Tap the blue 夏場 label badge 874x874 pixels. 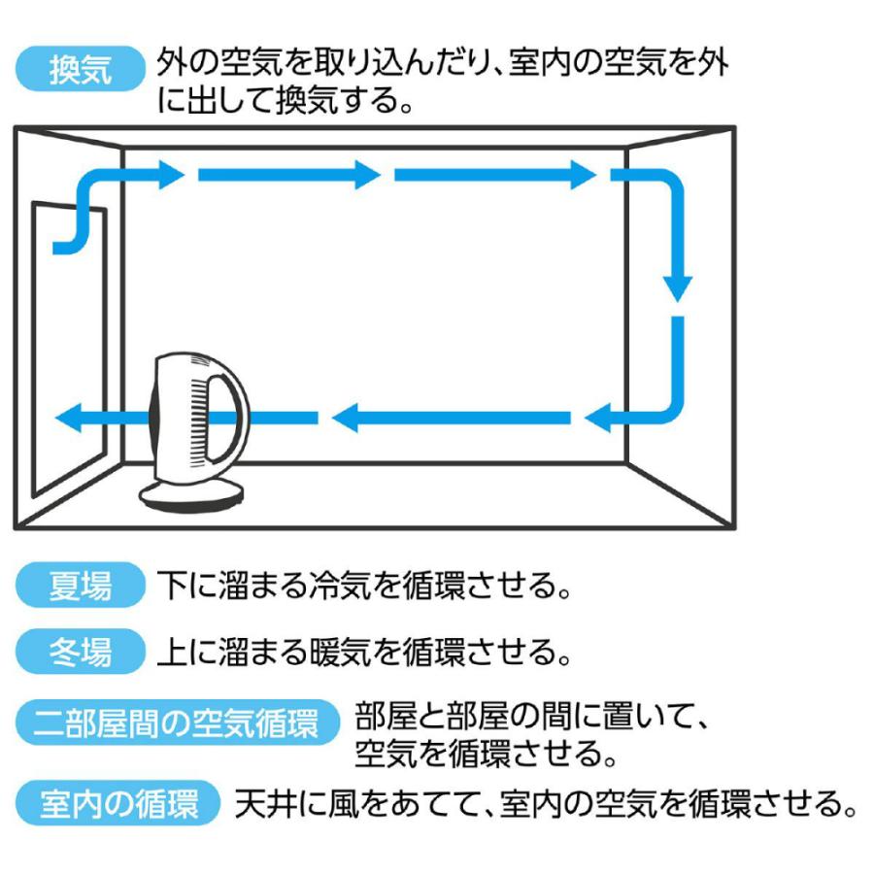pos(81,586)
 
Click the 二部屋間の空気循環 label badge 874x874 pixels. pos(177,724)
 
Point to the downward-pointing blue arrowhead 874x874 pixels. pos(678,287)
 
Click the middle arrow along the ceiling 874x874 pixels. pos(288,176)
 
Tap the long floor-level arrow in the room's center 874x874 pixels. pos(452,419)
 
